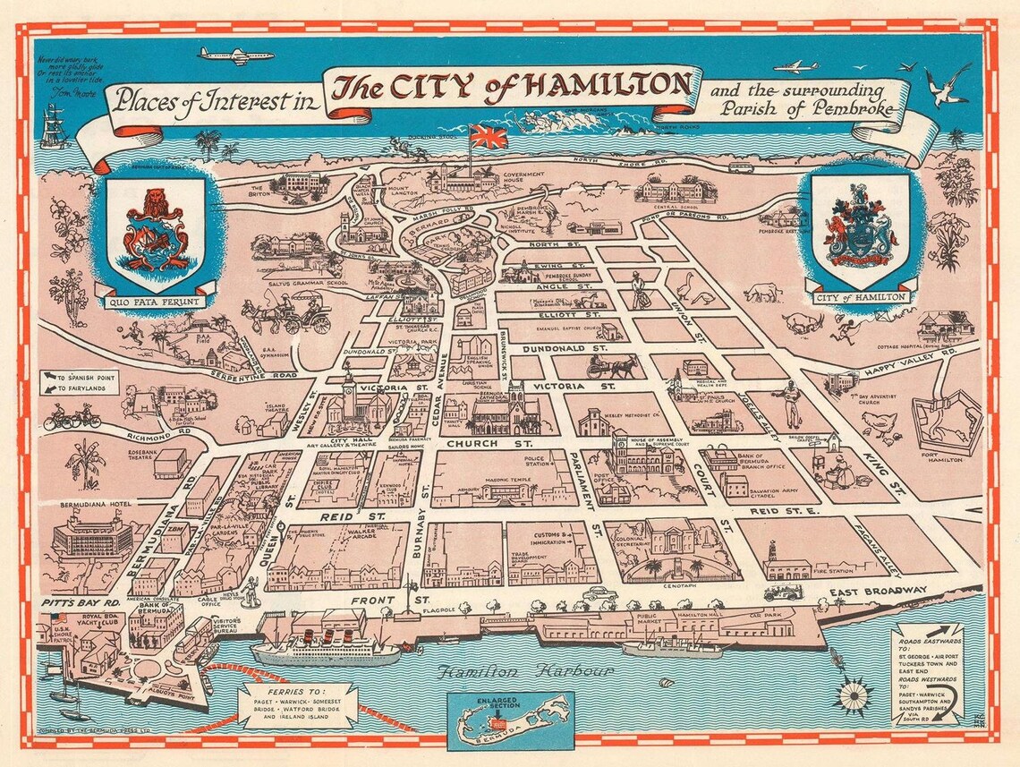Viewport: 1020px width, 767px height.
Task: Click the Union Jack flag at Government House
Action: pos(489,137)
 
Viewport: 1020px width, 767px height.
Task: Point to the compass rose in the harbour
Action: pos(854,695)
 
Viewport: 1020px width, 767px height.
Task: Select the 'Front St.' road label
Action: pos(392,600)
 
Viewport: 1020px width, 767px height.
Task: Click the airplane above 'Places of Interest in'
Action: pos(223,55)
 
